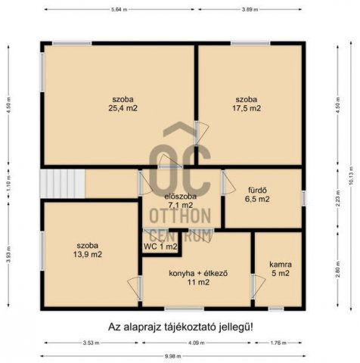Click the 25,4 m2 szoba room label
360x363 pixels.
point(118,104)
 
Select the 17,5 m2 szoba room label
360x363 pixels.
point(247,104)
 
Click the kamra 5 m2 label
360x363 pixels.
point(280,269)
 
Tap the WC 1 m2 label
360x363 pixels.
point(160,247)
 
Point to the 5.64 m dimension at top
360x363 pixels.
point(118,10)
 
